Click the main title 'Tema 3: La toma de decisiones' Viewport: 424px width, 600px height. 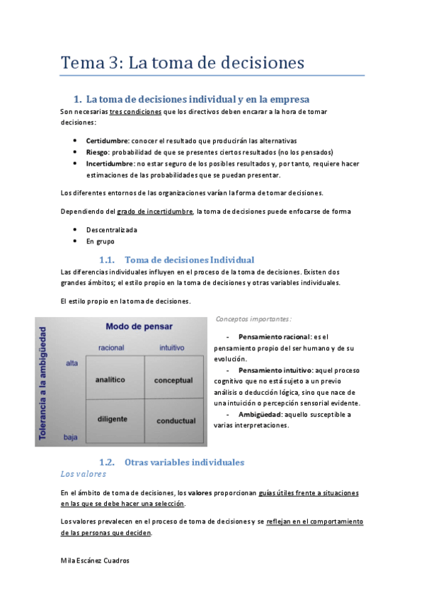click(x=183, y=62)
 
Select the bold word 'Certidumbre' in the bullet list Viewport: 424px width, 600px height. click(x=107, y=140)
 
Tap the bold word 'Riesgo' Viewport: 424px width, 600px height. click(x=98, y=151)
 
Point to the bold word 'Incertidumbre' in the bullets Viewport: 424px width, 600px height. click(x=110, y=163)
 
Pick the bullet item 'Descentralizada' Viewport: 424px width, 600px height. click(x=112, y=230)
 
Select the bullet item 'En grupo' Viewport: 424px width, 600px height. click(x=100, y=241)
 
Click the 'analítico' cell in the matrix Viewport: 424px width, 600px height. click(x=110, y=379)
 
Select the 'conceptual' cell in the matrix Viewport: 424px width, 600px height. click(x=173, y=380)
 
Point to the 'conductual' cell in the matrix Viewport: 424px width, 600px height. click(x=176, y=420)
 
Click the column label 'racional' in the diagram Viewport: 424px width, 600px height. click(x=111, y=347)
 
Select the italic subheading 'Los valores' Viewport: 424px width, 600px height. click(x=84, y=473)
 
